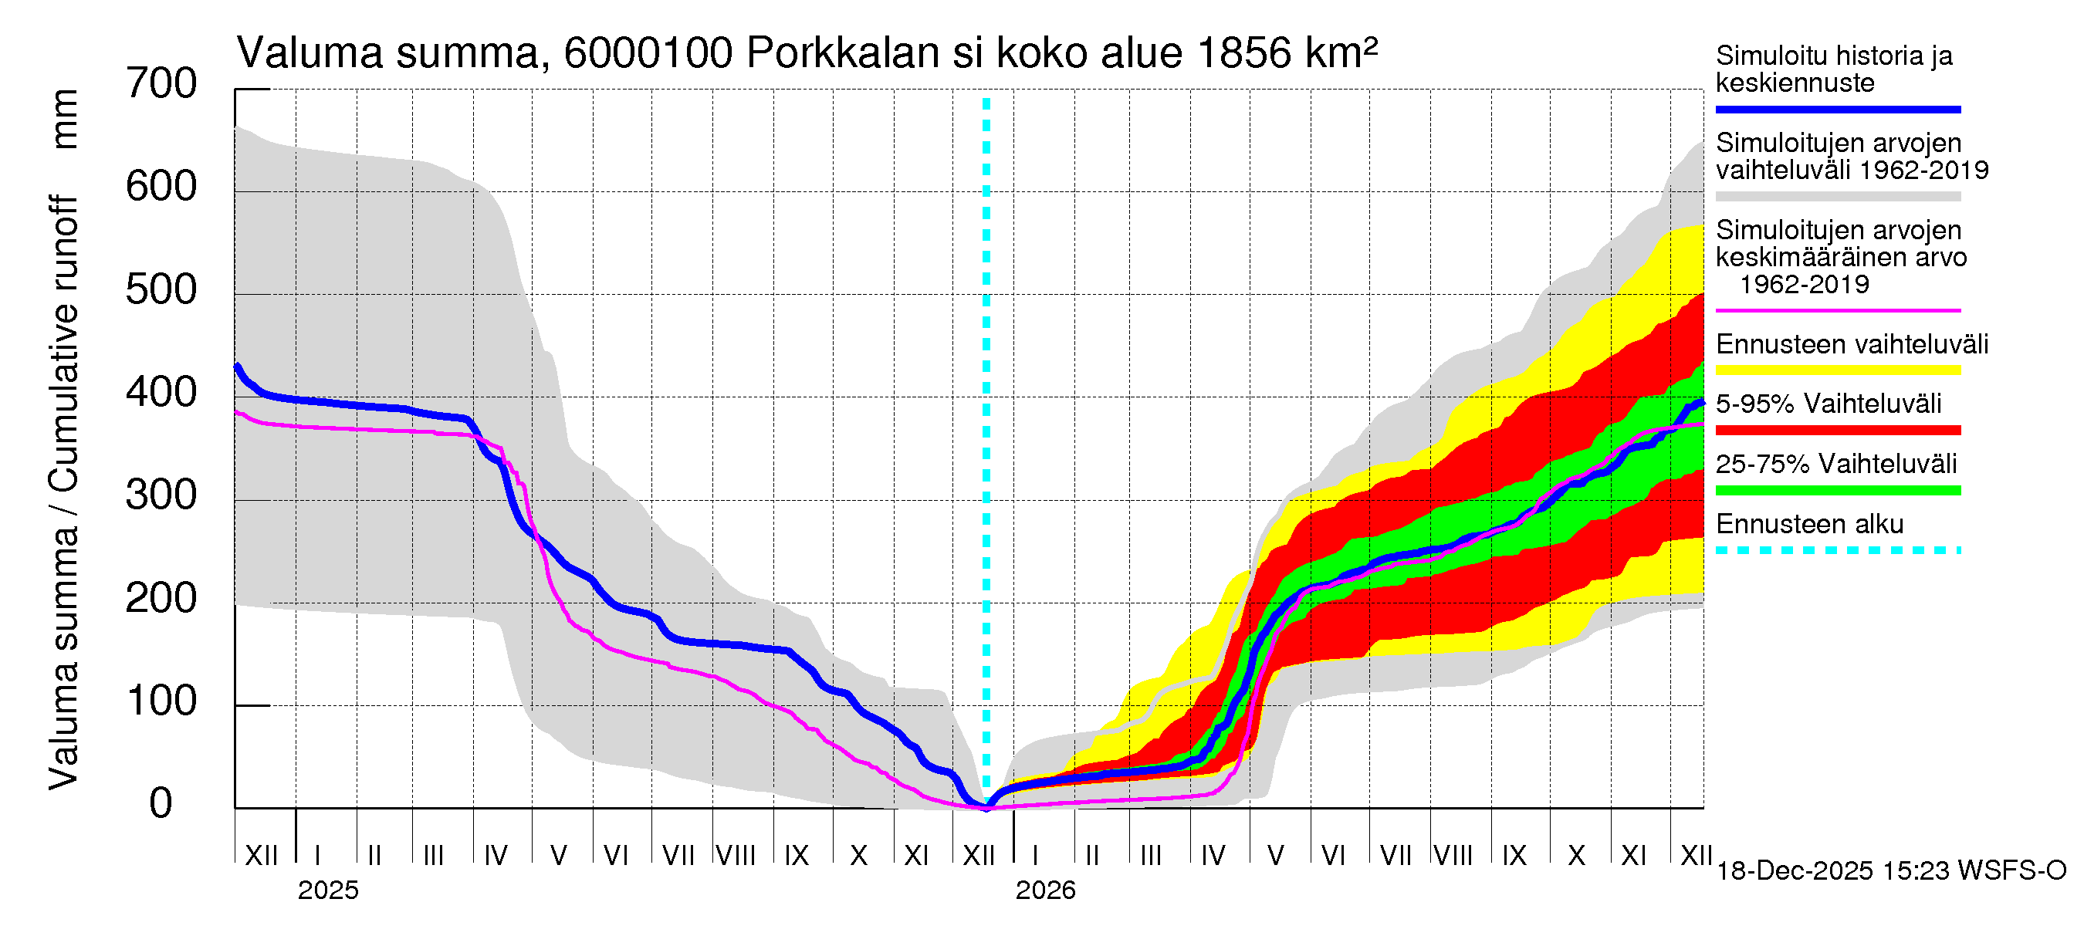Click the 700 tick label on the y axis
point(161,84)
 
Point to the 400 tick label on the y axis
point(161,393)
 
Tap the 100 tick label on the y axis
point(161,701)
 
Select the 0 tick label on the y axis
point(161,804)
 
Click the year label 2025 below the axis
point(327,891)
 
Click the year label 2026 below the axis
point(1045,891)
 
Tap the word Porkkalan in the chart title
point(842,53)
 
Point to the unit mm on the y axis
point(64,119)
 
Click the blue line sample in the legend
point(1837,109)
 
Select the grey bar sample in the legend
point(1837,197)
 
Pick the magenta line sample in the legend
point(1837,310)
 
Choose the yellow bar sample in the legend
point(1837,370)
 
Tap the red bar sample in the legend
point(1837,431)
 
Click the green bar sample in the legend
point(1837,490)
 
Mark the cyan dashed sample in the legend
point(1837,551)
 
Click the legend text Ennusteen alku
point(1809,524)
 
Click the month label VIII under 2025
point(736,855)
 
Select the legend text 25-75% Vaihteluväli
point(1835,464)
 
